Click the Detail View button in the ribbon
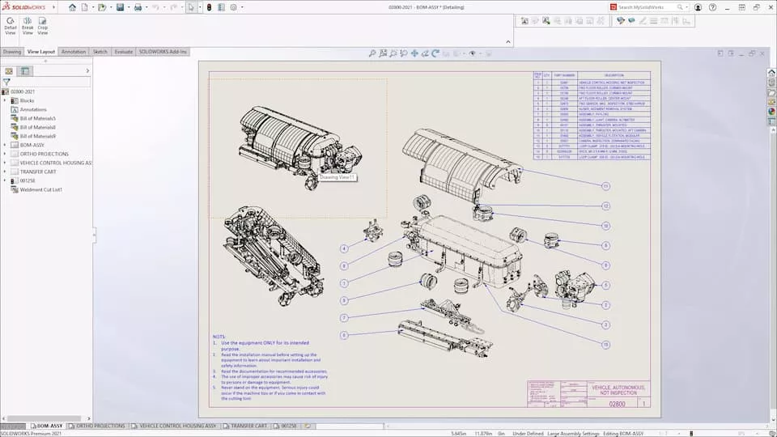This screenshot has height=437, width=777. coord(11,25)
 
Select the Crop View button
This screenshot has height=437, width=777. coord(42,25)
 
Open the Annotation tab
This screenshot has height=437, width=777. coord(74,52)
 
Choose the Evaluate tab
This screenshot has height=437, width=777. coord(123,52)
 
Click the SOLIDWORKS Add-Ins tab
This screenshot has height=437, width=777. coord(163,52)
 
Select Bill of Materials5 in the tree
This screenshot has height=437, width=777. coord(37,118)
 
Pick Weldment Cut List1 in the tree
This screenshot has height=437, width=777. coord(41,189)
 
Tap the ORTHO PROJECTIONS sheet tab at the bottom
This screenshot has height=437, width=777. coord(101,426)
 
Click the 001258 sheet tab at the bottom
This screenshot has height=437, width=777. coord(288,426)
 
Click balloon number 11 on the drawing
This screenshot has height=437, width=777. coord(605,186)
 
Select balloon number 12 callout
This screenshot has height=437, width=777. coord(605,206)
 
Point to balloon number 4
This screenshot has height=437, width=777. coord(344,248)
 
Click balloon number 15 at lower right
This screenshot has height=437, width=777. coord(605,345)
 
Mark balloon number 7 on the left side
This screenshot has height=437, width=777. coord(344,318)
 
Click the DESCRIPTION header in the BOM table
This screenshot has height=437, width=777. coord(614,75)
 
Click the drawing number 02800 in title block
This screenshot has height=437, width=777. coord(618,403)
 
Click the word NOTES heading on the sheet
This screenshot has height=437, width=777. coord(219,337)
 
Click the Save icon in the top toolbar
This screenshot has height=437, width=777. coord(120,7)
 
